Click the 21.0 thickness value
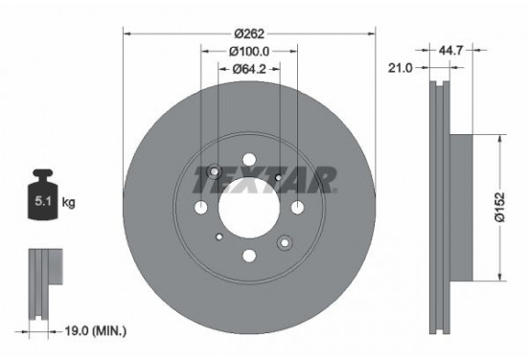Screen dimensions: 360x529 (402, 68)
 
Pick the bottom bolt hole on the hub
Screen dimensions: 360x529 (249, 256)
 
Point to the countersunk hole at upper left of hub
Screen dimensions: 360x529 (215, 173)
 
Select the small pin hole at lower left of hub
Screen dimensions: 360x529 (219, 236)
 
